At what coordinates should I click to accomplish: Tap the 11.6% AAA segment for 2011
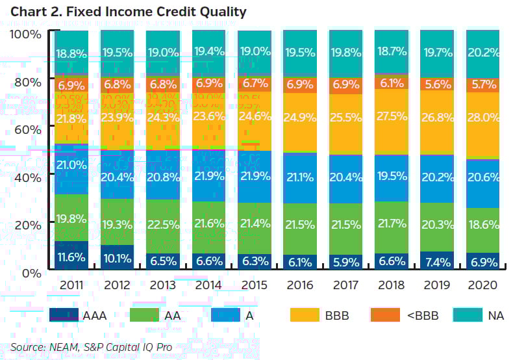coord(71,257)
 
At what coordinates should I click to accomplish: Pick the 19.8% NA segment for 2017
coord(345,53)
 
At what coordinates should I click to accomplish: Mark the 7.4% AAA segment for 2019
coord(436,261)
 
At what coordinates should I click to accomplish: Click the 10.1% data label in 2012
coord(118,258)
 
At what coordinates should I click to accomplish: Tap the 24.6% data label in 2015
coord(254,117)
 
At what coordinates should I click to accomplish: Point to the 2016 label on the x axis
coord(299,285)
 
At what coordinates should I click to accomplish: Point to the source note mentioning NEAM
coord(92,347)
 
